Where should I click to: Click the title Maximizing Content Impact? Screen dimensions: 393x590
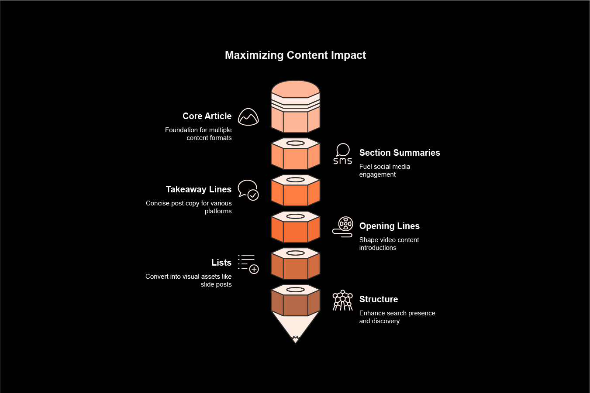click(x=295, y=55)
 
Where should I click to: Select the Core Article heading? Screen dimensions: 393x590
click(x=207, y=116)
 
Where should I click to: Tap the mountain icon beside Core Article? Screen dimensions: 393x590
click(x=248, y=117)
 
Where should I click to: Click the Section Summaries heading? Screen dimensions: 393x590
click(x=400, y=153)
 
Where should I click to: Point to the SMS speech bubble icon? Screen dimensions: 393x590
click(x=343, y=154)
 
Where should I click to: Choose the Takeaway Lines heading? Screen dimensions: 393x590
click(x=199, y=189)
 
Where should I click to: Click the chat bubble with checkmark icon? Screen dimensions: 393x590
click(x=248, y=190)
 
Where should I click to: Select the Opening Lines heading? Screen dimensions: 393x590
click(x=390, y=226)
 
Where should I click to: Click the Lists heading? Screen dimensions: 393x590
click(x=221, y=263)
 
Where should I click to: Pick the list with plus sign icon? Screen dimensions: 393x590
click(x=248, y=264)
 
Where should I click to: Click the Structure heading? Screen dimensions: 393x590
click(x=379, y=299)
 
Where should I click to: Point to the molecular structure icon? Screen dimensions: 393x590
click(x=343, y=300)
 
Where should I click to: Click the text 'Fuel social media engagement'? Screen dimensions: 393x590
click(x=385, y=171)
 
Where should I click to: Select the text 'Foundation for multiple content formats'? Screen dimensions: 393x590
click(x=199, y=134)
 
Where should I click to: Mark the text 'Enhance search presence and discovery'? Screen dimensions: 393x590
click(x=397, y=317)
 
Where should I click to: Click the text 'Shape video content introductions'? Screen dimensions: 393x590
click(x=389, y=244)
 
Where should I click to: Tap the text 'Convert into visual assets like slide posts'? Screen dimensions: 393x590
click(x=189, y=280)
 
